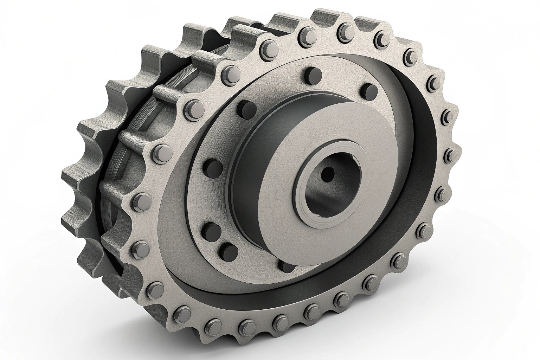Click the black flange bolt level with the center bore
click(x=210, y=165)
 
